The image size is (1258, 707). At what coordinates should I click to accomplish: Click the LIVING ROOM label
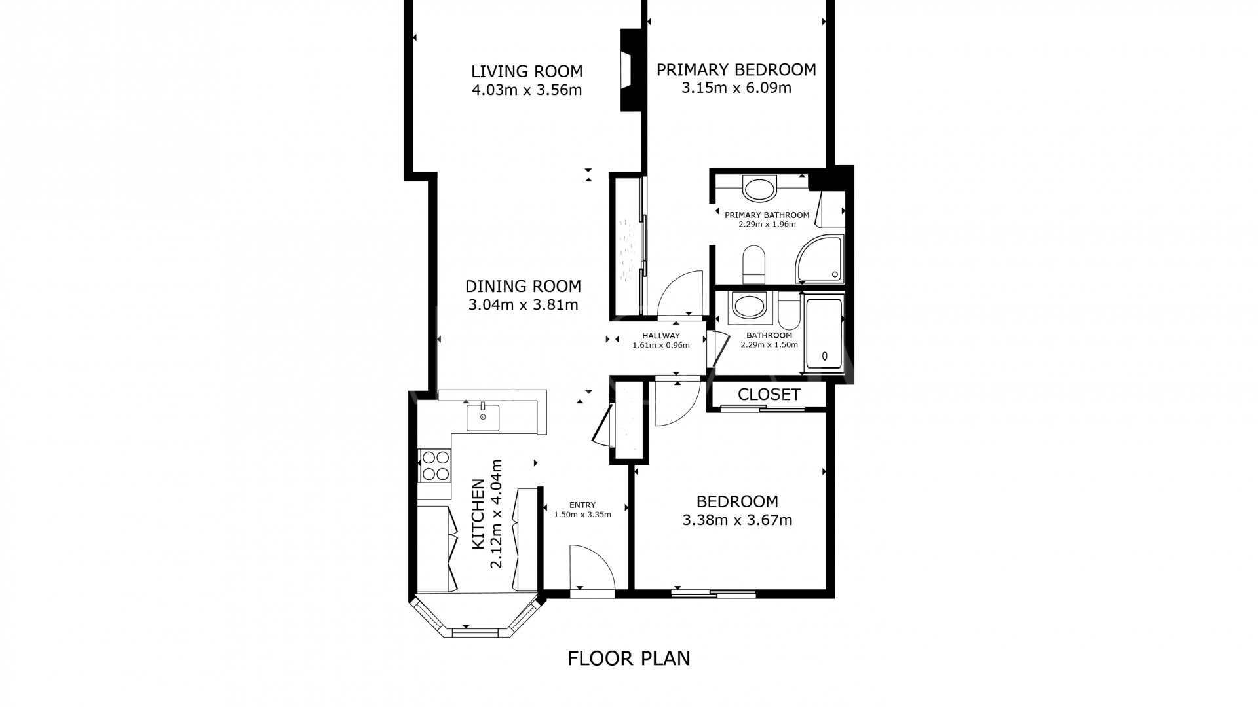pyautogui.click(x=527, y=71)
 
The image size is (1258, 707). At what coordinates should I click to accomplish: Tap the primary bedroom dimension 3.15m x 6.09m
pyautogui.click(x=736, y=88)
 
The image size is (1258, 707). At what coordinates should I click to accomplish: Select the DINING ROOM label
pyautogui.click(x=523, y=286)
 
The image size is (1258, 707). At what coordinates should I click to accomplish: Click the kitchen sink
pyautogui.click(x=483, y=418)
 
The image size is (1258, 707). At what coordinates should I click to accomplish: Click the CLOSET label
pyautogui.click(x=769, y=395)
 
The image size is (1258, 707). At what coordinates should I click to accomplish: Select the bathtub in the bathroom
pyautogui.click(x=824, y=334)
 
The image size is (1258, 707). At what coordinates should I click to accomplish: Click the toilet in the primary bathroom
pyautogui.click(x=754, y=263)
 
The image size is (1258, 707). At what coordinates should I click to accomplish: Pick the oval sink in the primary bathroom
pyautogui.click(x=759, y=189)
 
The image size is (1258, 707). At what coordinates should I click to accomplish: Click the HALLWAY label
pyautogui.click(x=660, y=336)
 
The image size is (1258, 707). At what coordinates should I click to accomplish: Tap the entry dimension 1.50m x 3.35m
pyautogui.click(x=582, y=515)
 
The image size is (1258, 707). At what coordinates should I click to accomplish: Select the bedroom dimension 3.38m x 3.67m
pyautogui.click(x=737, y=520)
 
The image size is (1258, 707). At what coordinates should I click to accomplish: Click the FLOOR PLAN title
pyautogui.click(x=628, y=658)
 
